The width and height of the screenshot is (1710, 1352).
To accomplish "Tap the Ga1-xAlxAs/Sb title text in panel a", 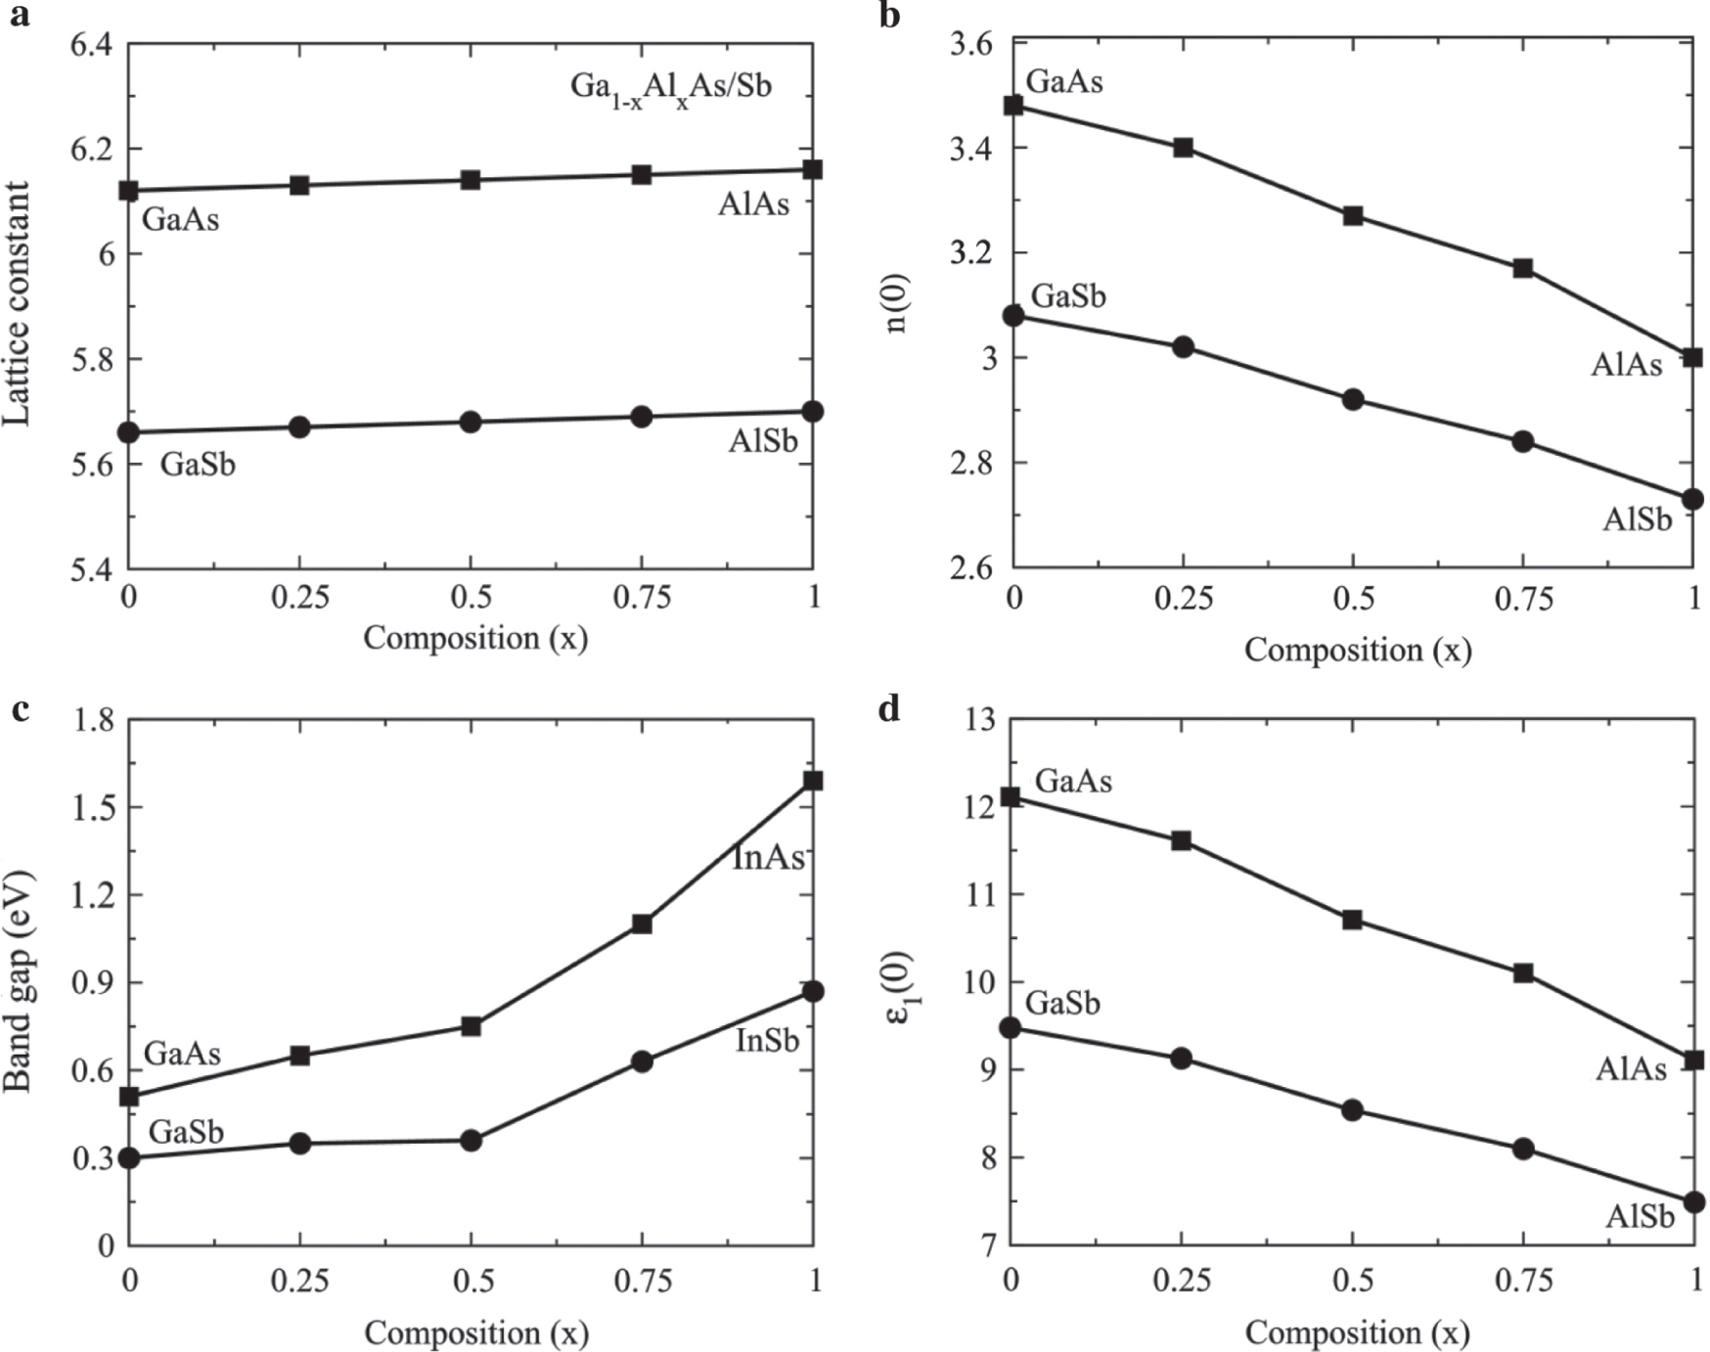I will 671,87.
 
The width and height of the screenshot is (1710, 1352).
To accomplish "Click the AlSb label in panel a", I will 763,441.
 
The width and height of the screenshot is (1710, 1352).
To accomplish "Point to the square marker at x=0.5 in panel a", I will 471,180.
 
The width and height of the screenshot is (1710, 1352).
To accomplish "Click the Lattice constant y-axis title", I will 18,304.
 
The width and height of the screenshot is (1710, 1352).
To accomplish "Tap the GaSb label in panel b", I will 1068,295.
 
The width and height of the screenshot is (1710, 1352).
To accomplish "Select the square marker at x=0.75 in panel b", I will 1523,268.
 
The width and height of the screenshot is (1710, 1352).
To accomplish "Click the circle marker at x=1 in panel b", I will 1693,499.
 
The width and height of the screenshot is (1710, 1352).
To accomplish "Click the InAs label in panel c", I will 769,858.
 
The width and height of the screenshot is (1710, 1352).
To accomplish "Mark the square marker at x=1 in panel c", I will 813,781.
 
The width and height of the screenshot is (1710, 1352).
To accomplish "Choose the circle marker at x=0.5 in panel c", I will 471,1140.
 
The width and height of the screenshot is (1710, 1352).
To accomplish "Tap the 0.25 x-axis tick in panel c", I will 299,1280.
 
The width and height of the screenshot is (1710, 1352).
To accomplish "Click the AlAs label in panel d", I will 1631,1069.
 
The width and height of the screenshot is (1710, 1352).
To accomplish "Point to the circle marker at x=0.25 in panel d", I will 1181,1059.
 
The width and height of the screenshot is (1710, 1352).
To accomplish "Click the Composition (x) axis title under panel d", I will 1357,1332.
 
